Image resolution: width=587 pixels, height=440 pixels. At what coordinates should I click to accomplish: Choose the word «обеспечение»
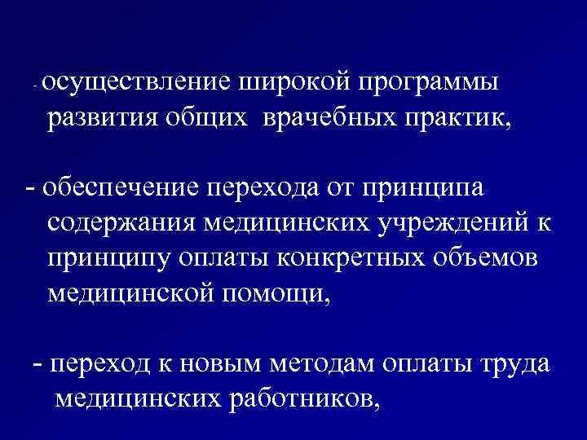click(120, 188)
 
